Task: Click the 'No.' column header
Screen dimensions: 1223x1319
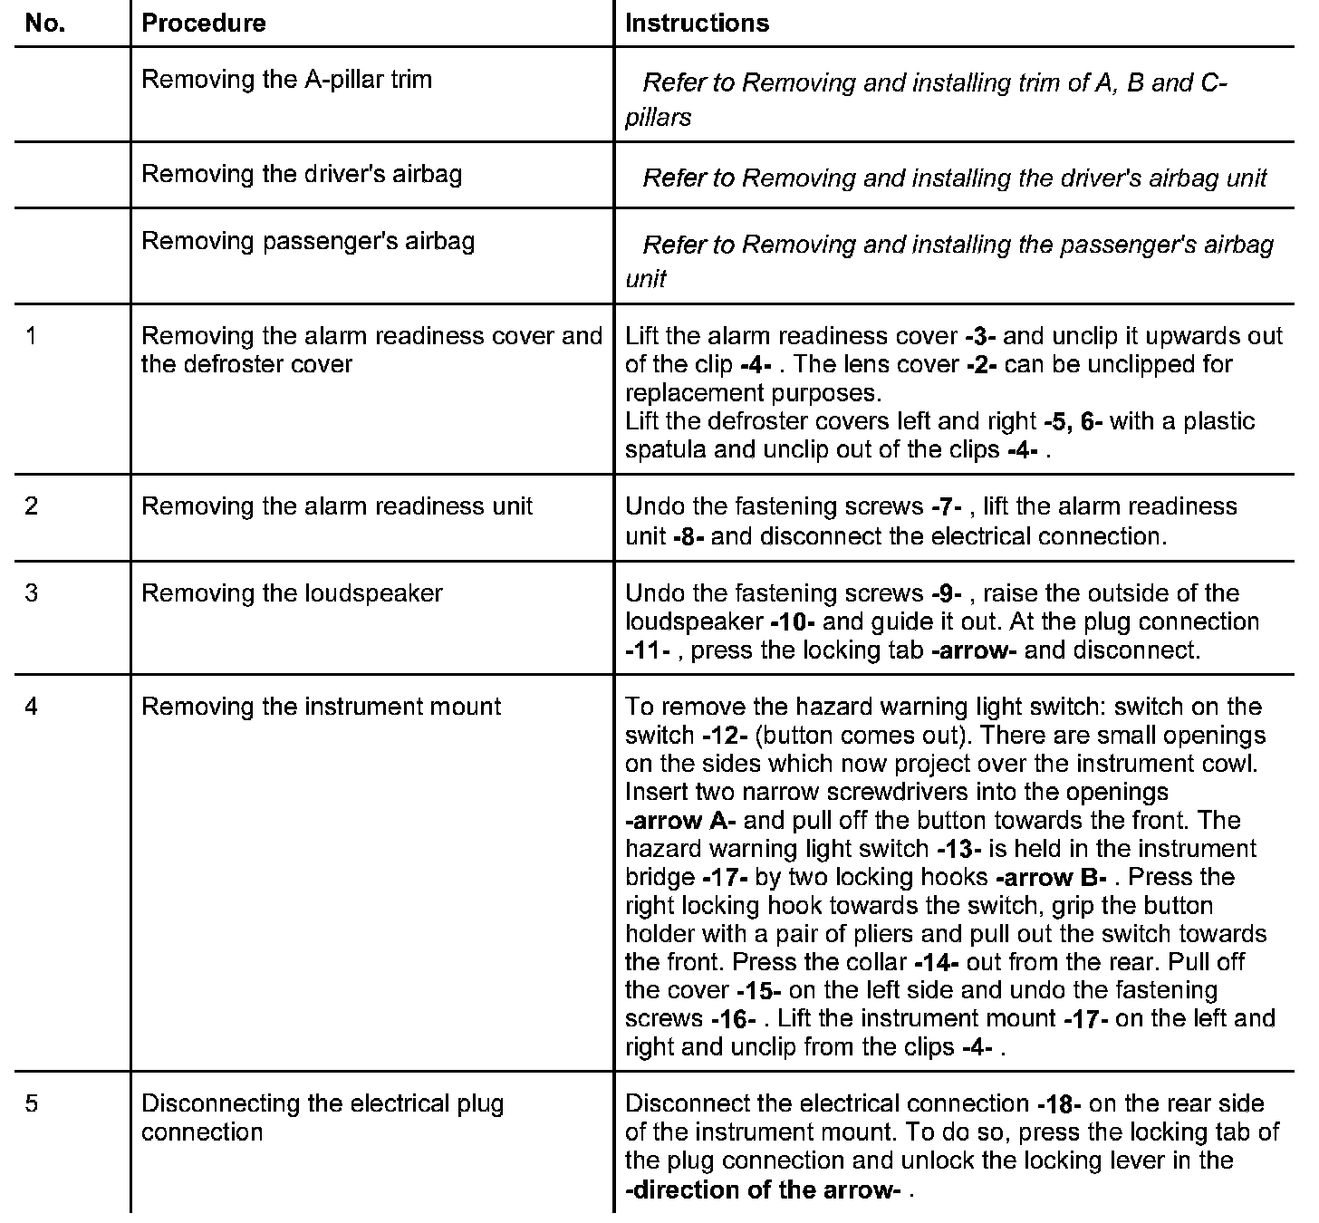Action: pos(45,24)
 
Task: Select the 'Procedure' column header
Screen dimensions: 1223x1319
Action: pos(204,24)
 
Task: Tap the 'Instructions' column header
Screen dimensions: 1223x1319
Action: pos(697,24)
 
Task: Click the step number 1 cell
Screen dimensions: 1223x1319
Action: pos(33,336)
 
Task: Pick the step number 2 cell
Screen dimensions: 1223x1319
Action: pos(33,506)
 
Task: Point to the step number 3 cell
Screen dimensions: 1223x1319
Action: pos(33,593)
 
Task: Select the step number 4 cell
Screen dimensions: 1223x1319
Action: pos(33,707)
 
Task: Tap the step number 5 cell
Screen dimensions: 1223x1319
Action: pos(33,1103)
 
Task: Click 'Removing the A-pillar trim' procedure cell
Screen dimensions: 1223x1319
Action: pos(286,80)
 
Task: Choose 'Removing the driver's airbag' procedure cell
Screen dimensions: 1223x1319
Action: pos(302,174)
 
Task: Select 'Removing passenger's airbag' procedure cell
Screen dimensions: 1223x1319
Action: pos(308,241)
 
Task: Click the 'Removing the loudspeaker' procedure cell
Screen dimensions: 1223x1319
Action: pos(292,593)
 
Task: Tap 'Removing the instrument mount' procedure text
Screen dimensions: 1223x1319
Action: pos(321,707)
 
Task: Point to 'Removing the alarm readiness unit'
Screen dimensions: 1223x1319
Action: pos(337,506)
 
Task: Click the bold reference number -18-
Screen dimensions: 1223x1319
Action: pos(1061,1103)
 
